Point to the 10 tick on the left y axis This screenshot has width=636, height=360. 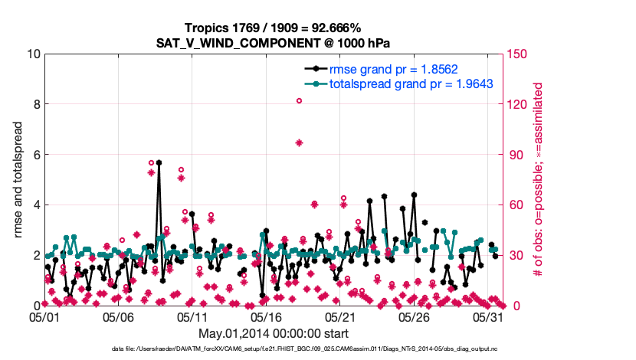pos(32,54)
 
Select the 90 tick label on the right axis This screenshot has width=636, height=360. pos(514,154)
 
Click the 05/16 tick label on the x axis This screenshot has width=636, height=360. pos(267,316)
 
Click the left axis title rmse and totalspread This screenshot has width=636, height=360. pos(18,179)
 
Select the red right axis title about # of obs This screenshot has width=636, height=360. pos(539,179)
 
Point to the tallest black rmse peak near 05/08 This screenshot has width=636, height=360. pos(159,162)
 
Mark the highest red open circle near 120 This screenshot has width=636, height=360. pos(299,100)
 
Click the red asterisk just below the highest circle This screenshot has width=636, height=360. pos(299,142)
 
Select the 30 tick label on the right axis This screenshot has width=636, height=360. pos(514,254)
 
